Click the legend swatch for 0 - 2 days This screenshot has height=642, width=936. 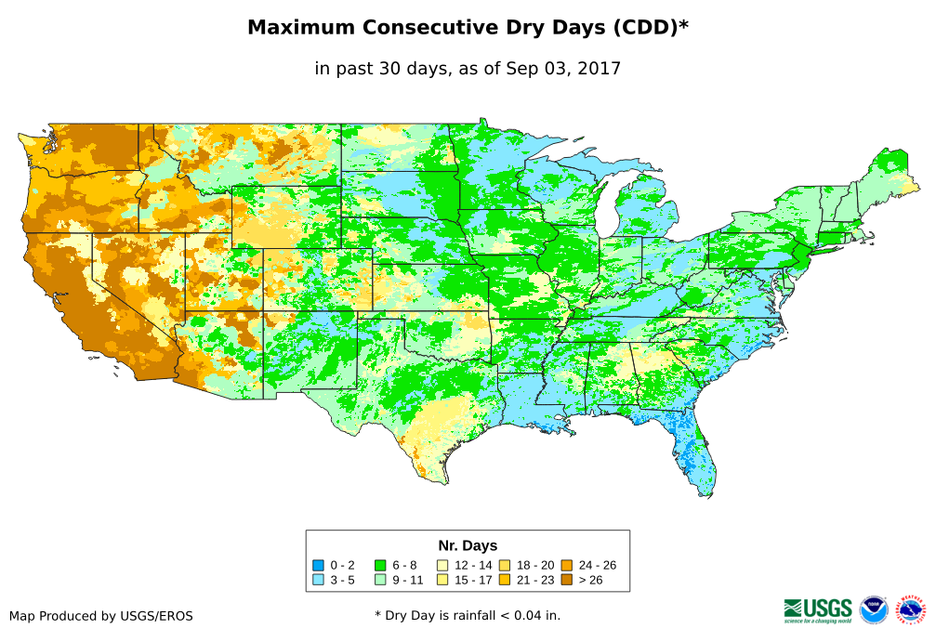(x=319, y=565)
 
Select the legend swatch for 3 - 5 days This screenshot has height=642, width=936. (x=319, y=580)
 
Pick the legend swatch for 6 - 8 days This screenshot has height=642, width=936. (x=380, y=565)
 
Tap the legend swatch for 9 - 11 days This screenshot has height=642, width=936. (x=380, y=580)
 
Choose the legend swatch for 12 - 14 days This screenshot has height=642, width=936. (x=443, y=565)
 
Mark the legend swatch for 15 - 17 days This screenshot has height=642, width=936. (x=443, y=580)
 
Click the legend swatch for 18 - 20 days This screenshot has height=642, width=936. (x=504, y=565)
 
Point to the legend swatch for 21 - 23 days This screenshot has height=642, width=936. (x=504, y=580)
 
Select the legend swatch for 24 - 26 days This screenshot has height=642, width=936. (x=566, y=565)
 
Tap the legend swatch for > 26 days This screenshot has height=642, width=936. (x=566, y=580)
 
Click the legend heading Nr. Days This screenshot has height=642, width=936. (x=468, y=545)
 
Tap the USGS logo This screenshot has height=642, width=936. (x=818, y=609)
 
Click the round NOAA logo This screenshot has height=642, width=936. (x=874, y=609)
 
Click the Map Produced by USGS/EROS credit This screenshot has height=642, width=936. (x=101, y=615)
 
